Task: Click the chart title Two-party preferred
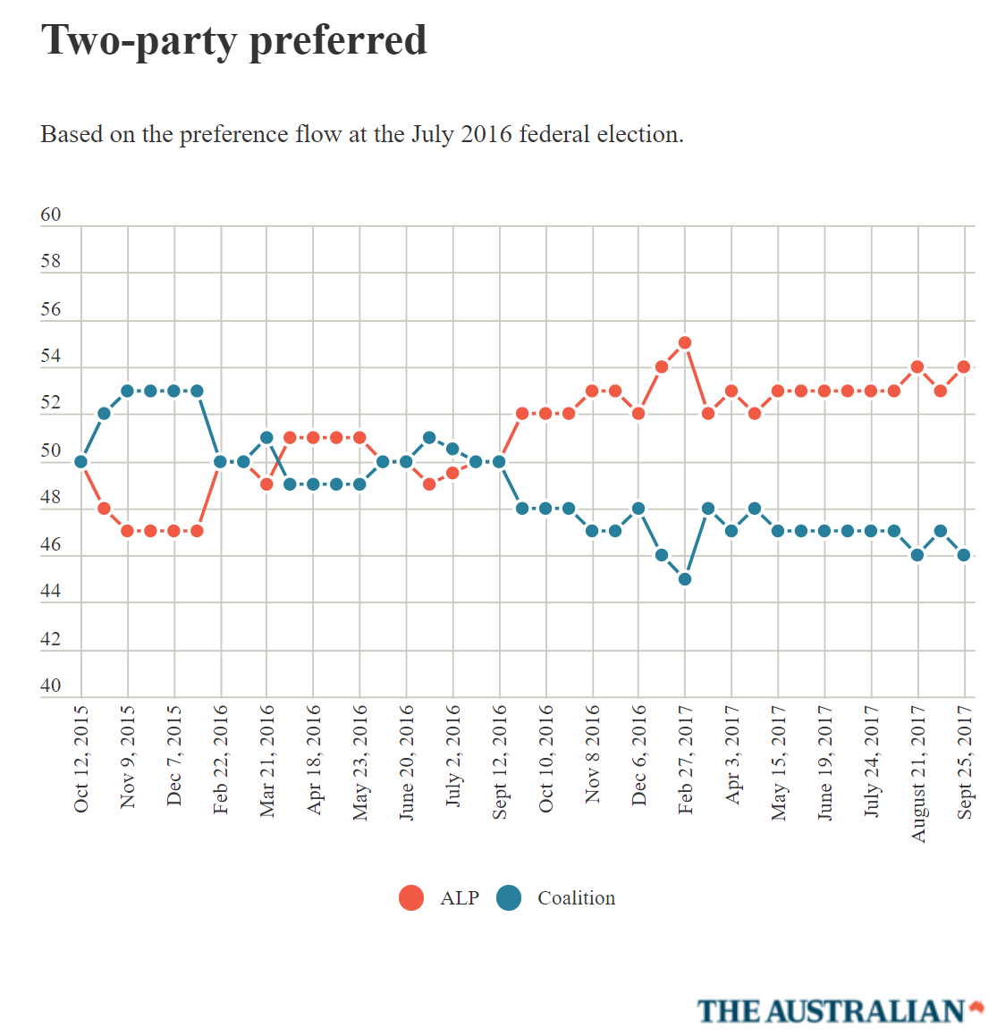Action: click(x=234, y=41)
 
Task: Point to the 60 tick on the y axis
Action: click(x=51, y=215)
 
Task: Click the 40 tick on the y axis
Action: click(x=51, y=686)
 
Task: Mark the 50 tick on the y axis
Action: click(x=51, y=450)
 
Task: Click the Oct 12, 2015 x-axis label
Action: click(x=81, y=759)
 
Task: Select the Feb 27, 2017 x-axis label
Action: click(x=686, y=759)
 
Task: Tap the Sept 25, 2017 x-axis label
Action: click(x=965, y=762)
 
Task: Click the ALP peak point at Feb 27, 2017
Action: click(x=685, y=342)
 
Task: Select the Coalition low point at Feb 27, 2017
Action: click(x=685, y=579)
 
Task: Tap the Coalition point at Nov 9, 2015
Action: click(x=128, y=391)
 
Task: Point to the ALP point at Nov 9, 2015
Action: click(x=128, y=531)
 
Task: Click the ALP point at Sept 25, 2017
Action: click(x=964, y=366)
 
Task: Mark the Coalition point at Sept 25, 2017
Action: click(x=964, y=555)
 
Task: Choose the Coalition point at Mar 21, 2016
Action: click(x=266, y=438)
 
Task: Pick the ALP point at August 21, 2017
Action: click(x=917, y=366)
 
